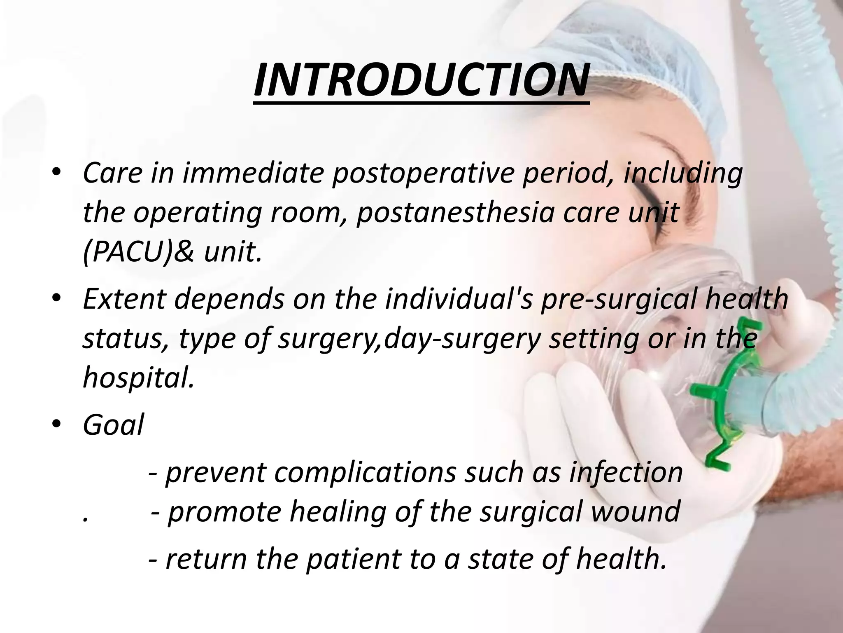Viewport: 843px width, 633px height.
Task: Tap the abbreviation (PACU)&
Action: (x=138, y=251)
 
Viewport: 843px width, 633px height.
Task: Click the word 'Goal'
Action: (x=113, y=424)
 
